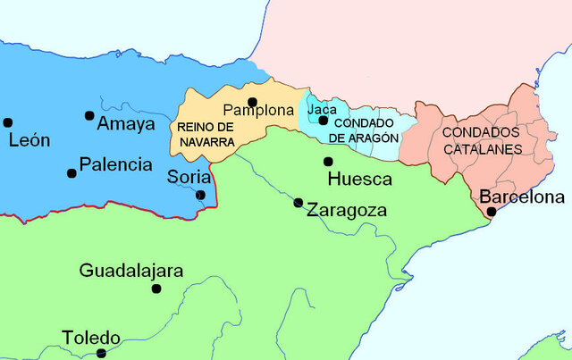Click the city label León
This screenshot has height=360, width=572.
[x=29, y=141]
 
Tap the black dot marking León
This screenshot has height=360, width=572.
[x=8, y=122]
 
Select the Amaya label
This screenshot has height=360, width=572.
[x=126, y=124]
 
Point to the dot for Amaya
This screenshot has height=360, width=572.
[x=89, y=115]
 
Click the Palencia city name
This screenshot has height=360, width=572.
[x=115, y=164]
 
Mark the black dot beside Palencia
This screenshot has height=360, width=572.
[x=71, y=172]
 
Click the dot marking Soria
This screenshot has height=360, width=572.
[x=200, y=195]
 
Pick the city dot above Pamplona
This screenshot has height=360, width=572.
[x=253, y=102]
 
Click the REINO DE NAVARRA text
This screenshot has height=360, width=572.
[x=206, y=134]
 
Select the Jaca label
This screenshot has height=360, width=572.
[x=322, y=109]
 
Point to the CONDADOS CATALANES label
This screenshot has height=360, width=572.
[x=481, y=140]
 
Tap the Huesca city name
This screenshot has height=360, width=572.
[x=360, y=180]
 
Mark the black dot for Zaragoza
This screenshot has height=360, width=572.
[x=299, y=203]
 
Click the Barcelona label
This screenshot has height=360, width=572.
[x=522, y=197]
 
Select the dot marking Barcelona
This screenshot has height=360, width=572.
[x=492, y=212]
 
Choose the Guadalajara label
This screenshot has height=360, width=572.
[x=131, y=270]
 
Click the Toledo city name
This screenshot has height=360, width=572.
[x=91, y=338]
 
